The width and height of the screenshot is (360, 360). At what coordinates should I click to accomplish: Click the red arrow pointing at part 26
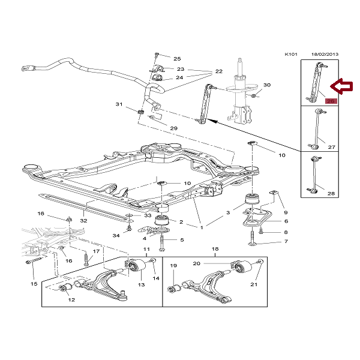[344, 87]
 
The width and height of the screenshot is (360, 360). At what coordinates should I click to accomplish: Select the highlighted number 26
[331, 101]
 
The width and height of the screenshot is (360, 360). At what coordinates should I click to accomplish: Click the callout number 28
[331, 193]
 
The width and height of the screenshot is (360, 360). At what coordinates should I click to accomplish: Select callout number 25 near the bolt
[177, 59]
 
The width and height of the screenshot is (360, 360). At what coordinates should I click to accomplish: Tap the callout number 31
[119, 105]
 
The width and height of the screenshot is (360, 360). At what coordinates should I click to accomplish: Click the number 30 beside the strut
[267, 85]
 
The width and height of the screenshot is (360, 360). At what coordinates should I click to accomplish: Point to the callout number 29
[173, 128]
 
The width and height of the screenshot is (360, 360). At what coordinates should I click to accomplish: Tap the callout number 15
[33, 284]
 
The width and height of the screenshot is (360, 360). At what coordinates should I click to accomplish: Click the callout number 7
[286, 242]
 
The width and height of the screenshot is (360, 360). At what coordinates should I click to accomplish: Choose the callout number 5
[182, 240]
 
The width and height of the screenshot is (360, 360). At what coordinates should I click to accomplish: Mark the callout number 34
[116, 236]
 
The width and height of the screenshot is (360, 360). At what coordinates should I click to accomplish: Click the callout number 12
[71, 299]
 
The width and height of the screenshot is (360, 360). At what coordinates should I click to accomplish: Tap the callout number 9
[286, 212]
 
